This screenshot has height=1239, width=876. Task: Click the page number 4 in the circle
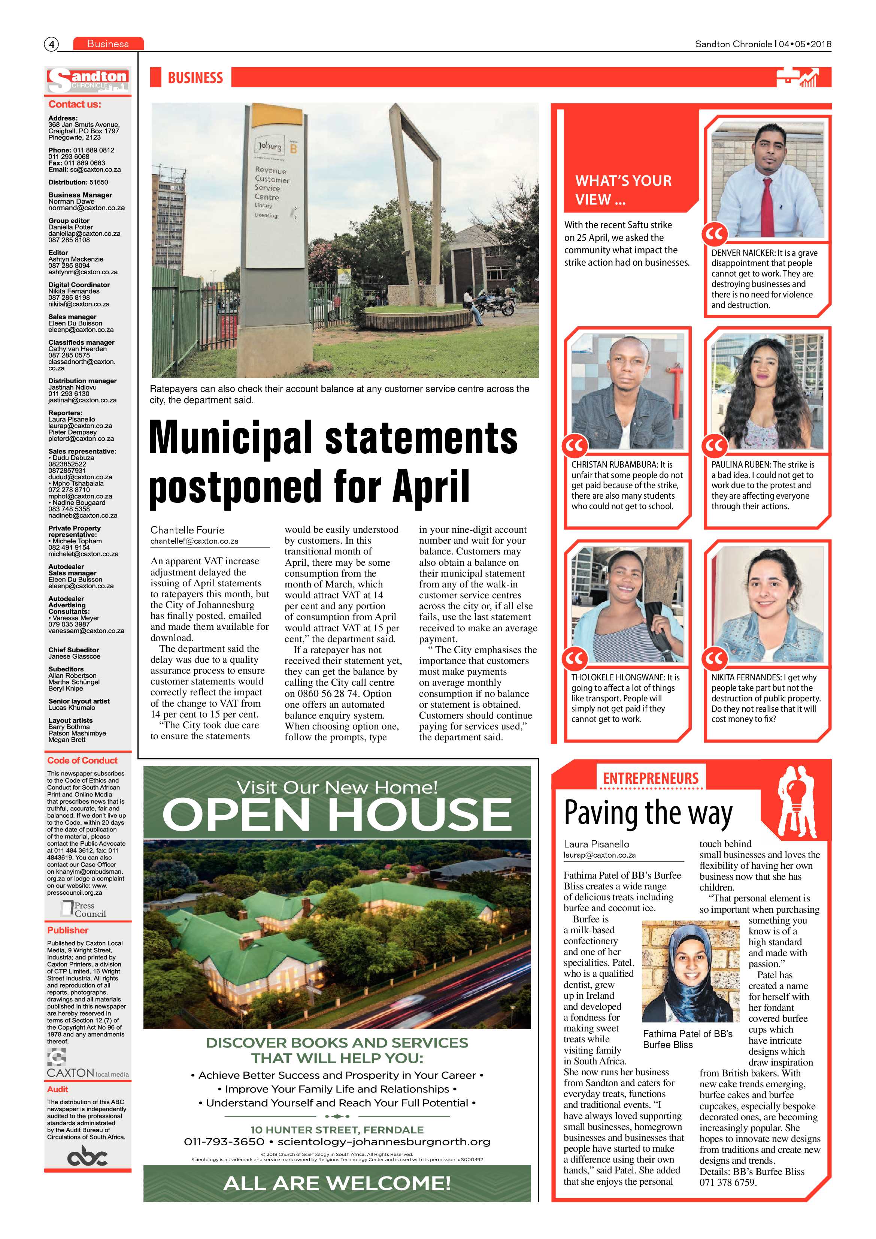(x=51, y=44)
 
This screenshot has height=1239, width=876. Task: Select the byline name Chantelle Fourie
(x=187, y=530)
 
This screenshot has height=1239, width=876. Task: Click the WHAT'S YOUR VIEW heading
(x=623, y=190)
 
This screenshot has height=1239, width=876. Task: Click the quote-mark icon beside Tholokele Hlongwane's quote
(x=575, y=658)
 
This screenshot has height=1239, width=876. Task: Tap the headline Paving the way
(x=648, y=813)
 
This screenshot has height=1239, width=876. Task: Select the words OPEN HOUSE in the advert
(x=337, y=815)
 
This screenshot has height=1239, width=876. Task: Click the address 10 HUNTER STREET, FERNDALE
(x=337, y=1130)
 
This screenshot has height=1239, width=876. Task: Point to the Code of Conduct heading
(x=82, y=760)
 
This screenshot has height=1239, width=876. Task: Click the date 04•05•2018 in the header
(x=805, y=44)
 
